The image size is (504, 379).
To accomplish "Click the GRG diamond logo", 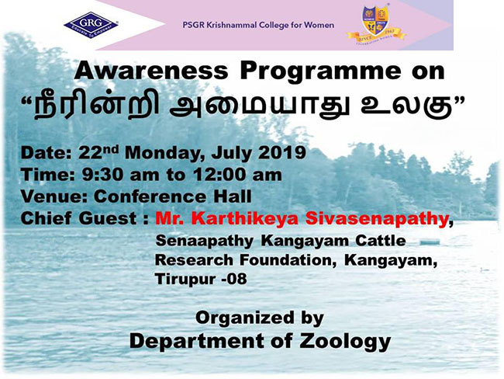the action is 91,23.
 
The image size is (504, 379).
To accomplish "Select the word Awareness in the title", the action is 151,71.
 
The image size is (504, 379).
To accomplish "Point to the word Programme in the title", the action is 320,72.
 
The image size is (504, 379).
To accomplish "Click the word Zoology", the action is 345,341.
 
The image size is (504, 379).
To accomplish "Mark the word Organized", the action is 245,318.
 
